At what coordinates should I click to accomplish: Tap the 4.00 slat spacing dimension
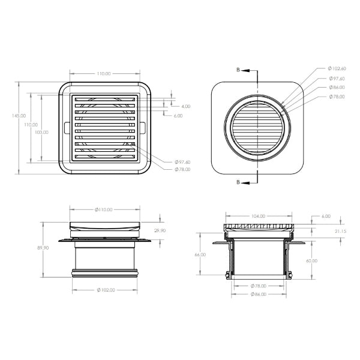click(185, 106)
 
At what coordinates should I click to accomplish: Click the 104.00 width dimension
click(259, 215)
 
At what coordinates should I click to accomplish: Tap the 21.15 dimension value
click(339, 230)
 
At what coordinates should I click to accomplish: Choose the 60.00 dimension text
click(311, 261)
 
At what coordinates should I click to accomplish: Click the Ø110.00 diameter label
click(105, 209)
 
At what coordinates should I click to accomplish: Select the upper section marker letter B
click(238, 70)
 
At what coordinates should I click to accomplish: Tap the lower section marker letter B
click(238, 181)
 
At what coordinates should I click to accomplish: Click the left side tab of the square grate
click(62, 128)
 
